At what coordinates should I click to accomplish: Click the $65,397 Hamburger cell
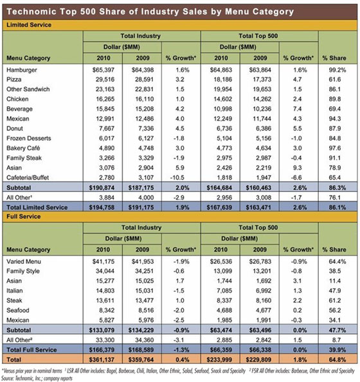click(103, 70)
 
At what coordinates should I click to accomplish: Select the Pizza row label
click(14, 80)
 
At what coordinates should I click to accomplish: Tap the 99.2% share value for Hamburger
click(337, 70)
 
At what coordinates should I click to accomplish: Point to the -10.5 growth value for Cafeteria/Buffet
click(177, 177)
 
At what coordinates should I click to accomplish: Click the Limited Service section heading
click(29, 25)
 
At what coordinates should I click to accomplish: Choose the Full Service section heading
click(23, 216)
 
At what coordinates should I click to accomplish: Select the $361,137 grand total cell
click(102, 360)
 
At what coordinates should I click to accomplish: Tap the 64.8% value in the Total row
click(337, 360)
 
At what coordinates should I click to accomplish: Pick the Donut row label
click(15, 128)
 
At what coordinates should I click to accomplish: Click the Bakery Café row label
click(23, 148)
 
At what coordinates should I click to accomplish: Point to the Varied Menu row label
click(24, 261)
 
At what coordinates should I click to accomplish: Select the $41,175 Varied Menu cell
click(103, 261)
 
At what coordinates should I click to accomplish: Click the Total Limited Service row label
click(37, 207)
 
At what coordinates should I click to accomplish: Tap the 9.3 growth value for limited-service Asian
click(297, 168)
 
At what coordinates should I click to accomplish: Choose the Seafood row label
click(18, 310)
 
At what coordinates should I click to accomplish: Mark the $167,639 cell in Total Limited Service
click(219, 207)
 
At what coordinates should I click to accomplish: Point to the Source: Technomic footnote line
click(37, 378)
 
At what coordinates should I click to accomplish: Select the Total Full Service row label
click(32, 350)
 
